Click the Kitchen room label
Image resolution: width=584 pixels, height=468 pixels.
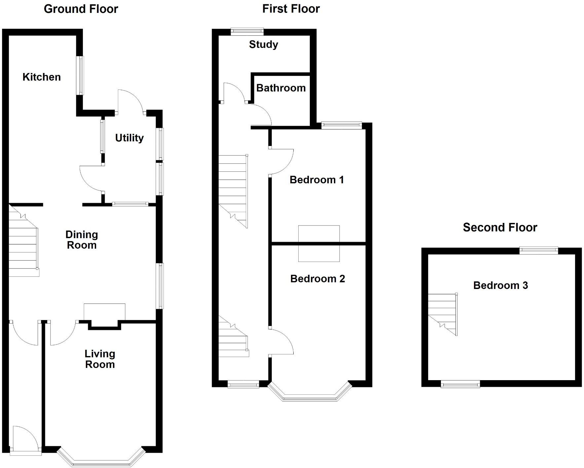pos(42,77)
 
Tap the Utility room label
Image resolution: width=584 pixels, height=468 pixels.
pos(129,138)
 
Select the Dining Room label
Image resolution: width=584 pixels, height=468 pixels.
pos(82,240)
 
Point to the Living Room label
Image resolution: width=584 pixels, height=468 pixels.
pos(100,359)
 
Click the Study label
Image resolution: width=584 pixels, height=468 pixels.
pos(263,44)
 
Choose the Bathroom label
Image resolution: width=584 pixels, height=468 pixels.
pos(281,88)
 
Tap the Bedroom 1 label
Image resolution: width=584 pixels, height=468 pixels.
pos(316,180)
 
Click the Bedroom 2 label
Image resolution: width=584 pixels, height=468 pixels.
pos(317,279)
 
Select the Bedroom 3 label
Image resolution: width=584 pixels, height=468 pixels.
pos(500,285)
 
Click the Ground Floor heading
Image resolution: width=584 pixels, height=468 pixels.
pos(81,9)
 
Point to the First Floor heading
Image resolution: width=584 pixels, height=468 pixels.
pos(291,9)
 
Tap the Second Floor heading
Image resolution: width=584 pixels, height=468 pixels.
pos(500,227)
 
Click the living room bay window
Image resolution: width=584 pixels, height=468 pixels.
pos(101,460)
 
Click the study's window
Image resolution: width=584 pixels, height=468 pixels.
pos(247,32)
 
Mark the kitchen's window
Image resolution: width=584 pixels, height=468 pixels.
pos(80,76)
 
